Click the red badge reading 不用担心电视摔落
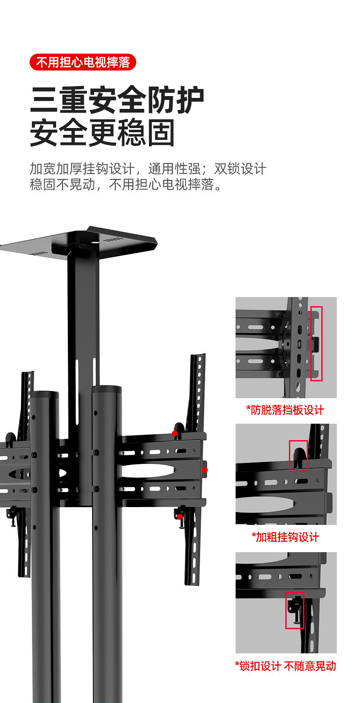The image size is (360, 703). click(x=83, y=62)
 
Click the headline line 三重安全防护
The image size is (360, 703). click(x=117, y=101)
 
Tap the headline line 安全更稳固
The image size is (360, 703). click(x=103, y=133)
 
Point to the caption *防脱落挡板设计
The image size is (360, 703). click(x=285, y=410)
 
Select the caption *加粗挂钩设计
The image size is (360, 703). click(x=285, y=537)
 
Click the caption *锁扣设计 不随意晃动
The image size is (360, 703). click(x=285, y=666)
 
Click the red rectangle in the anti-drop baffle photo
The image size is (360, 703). click(x=316, y=344)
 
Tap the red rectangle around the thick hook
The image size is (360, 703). click(x=298, y=456)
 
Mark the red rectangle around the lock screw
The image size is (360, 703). click(x=294, y=611)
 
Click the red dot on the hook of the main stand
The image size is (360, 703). click(x=175, y=433)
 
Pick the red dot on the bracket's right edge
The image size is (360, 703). click(x=205, y=470)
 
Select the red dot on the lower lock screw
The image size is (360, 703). click(x=180, y=516)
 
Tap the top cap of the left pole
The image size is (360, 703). click(x=45, y=395)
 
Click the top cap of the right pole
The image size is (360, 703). click(x=107, y=390)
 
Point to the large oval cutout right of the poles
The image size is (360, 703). click(x=148, y=471)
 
